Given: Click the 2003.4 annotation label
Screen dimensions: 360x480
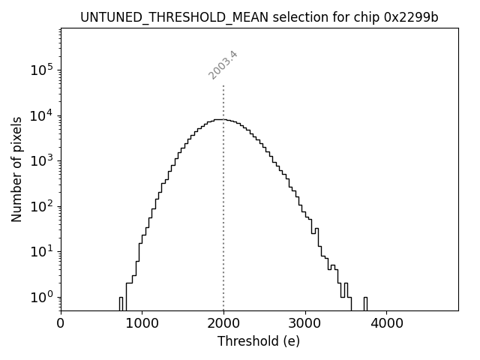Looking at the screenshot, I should point(223,64).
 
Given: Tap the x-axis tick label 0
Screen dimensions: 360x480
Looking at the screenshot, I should point(61,324).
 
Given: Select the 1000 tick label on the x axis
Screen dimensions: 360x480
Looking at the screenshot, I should point(142,324).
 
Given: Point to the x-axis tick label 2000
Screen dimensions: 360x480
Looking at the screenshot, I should point(223,324).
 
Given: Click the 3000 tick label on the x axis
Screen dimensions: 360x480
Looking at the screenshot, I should point(304,324).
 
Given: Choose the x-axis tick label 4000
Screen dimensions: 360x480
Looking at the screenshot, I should point(386,324).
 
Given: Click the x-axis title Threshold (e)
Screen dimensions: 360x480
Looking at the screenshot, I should point(259,341).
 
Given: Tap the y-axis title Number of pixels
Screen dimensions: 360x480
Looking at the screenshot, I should point(16,169).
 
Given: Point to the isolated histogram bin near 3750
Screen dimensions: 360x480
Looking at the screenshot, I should point(365,303).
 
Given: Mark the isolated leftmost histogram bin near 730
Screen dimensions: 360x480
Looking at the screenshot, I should point(121,303).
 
